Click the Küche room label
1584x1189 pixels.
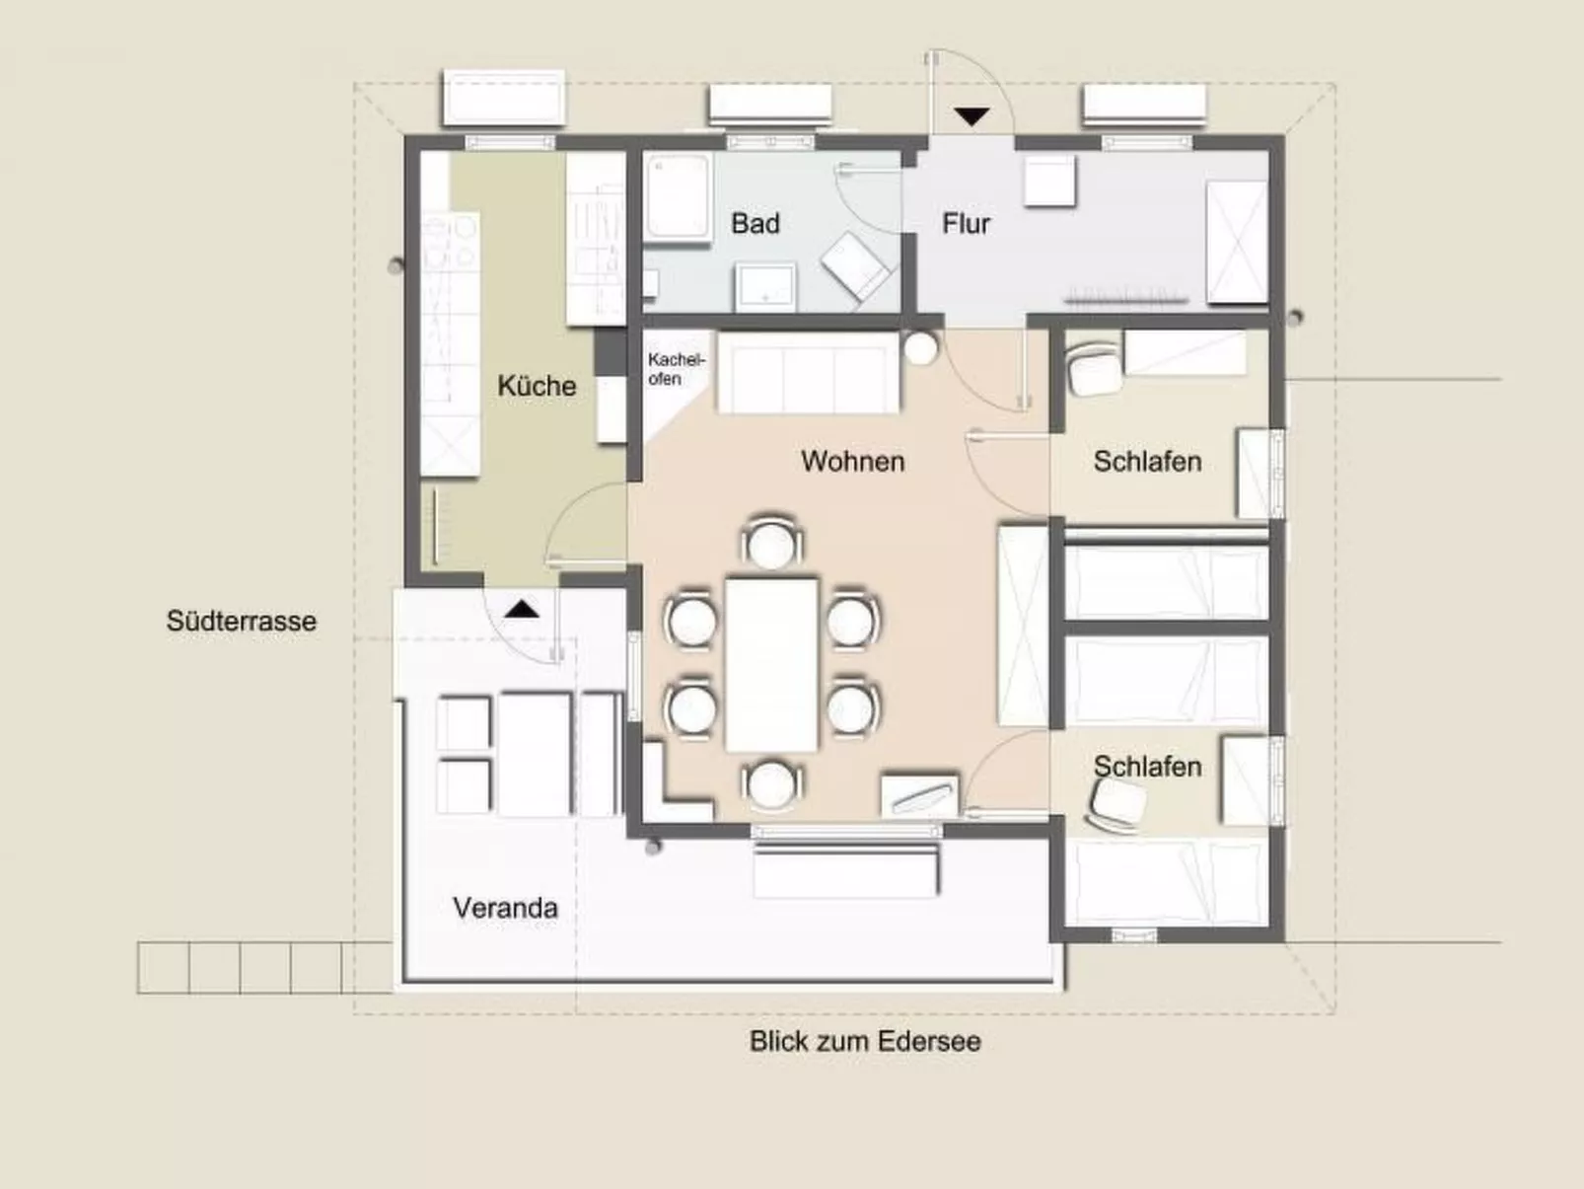pyautogui.click(x=537, y=386)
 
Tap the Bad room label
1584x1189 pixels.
pyautogui.click(x=756, y=223)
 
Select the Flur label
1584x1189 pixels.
pyautogui.click(x=966, y=224)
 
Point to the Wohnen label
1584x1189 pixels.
pyautogui.click(x=853, y=462)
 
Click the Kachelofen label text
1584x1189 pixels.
pyautogui.click(x=677, y=369)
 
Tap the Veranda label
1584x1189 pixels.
pyautogui.click(x=505, y=908)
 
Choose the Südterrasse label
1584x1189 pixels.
pyautogui.click(x=241, y=621)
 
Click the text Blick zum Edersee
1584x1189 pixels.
pyautogui.click(x=865, y=1041)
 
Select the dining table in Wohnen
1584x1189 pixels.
pyautogui.click(x=771, y=664)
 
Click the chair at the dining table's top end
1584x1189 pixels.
pyautogui.click(x=771, y=542)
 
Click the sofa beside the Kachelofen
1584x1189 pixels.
pyautogui.click(x=808, y=373)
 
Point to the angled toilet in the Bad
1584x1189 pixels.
pyautogui.click(x=856, y=267)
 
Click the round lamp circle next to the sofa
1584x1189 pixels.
pyautogui.click(x=920, y=348)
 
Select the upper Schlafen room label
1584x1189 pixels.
pyautogui.click(x=1147, y=462)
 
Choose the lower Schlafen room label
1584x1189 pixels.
pyautogui.click(x=1147, y=766)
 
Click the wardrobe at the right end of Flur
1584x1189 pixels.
pyautogui.click(x=1238, y=242)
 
